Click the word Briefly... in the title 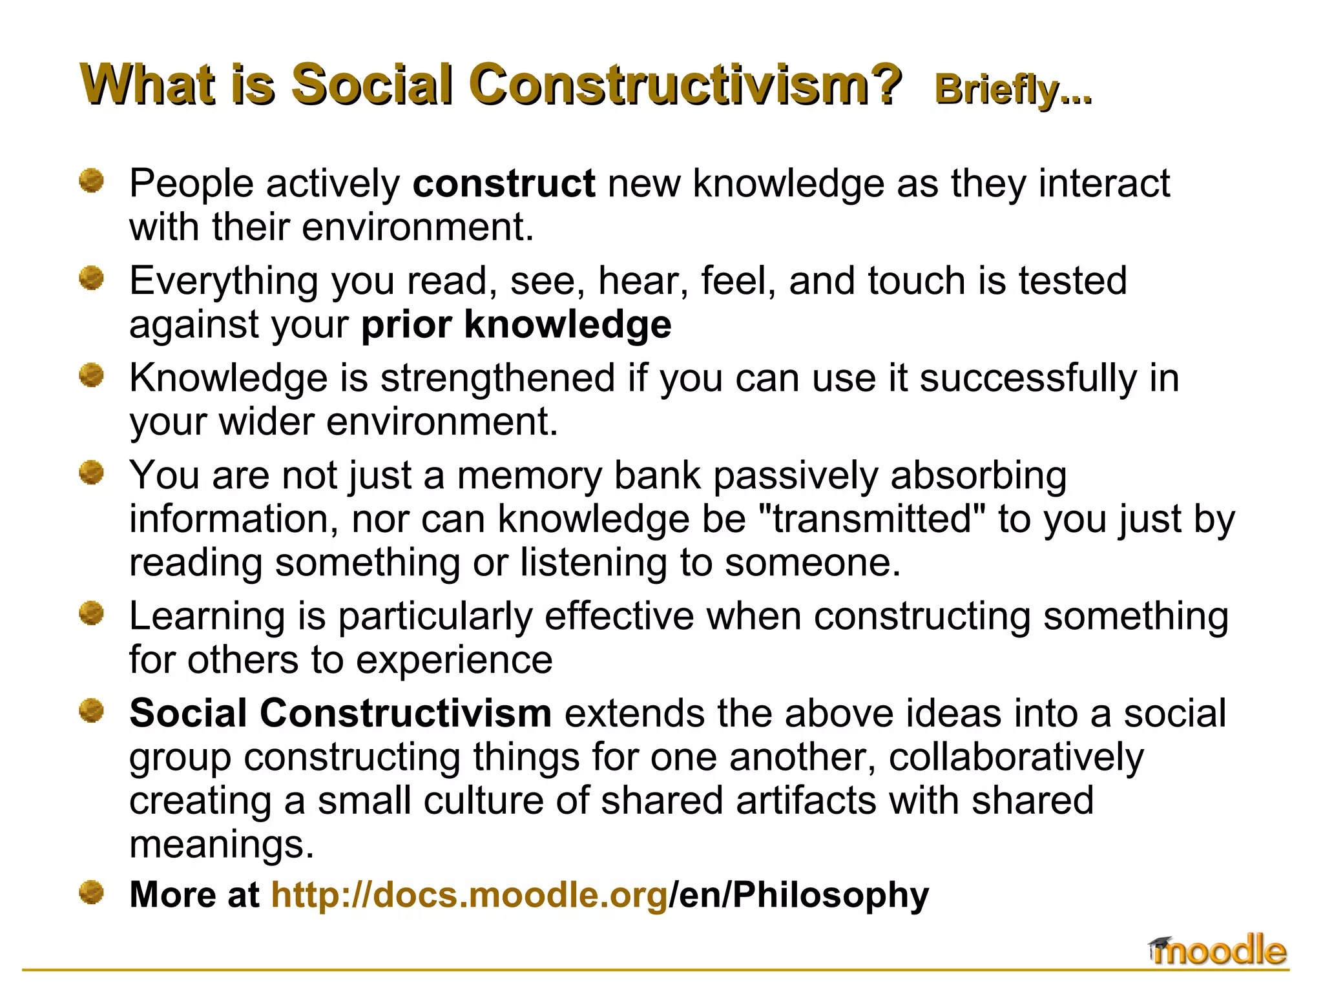(x=1012, y=89)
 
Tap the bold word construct (x=504, y=183)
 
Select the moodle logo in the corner (x=1218, y=951)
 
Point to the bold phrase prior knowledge (x=516, y=324)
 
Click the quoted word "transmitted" (x=870, y=519)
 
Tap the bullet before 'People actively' (x=91, y=181)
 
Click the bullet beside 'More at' (x=91, y=893)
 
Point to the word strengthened (x=497, y=378)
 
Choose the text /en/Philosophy (x=799, y=895)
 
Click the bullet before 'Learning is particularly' (x=91, y=614)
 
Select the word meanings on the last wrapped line (x=222, y=845)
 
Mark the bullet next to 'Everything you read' (x=91, y=278)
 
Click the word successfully (x=1028, y=378)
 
